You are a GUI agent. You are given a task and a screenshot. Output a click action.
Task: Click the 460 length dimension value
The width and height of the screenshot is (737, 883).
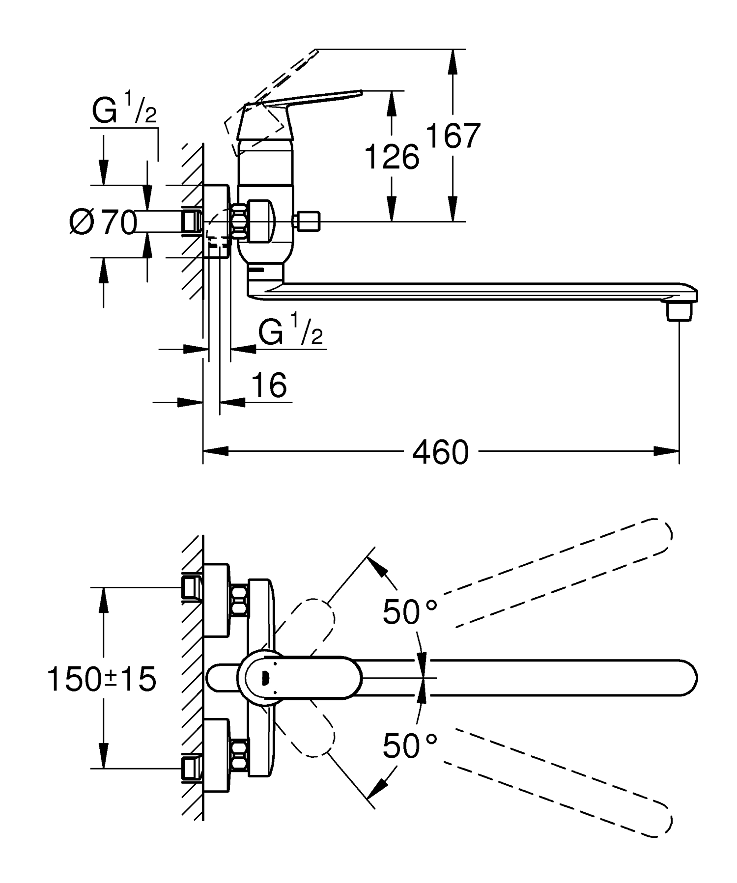[x=441, y=452]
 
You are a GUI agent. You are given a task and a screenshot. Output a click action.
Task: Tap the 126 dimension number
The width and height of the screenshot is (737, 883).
[x=392, y=157]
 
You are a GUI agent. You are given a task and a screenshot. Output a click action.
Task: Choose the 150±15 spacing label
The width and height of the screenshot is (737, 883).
[x=102, y=680]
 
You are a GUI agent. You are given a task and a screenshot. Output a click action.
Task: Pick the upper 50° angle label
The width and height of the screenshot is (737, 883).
[x=409, y=612]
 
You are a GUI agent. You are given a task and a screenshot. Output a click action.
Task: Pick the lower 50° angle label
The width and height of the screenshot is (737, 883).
[x=409, y=745]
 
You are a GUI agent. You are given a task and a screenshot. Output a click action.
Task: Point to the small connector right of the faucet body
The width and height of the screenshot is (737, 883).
[x=308, y=221]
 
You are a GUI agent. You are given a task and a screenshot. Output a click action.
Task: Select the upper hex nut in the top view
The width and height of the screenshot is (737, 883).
[x=239, y=600]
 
